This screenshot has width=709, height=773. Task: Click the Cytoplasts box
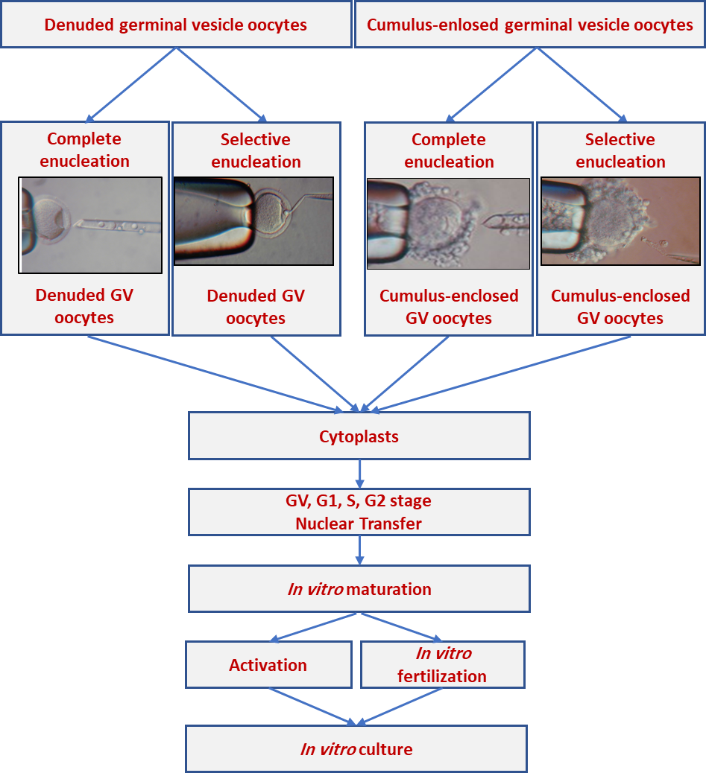(x=359, y=436)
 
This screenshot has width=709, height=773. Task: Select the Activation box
(x=268, y=664)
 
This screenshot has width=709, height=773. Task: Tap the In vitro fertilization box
(x=443, y=664)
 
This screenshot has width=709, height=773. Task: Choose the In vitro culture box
(x=356, y=749)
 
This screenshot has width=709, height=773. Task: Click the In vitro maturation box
(x=359, y=588)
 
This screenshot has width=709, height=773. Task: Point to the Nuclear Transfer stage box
(x=359, y=512)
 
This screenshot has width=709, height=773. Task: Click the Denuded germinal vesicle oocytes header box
(x=176, y=25)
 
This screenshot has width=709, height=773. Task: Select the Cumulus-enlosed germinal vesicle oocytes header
(x=530, y=25)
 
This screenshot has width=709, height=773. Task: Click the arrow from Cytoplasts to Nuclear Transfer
(x=359, y=474)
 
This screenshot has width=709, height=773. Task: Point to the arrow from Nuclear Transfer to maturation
(x=359, y=550)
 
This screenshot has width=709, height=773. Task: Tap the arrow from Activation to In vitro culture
(x=312, y=707)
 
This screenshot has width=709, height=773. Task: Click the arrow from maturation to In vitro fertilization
(x=402, y=627)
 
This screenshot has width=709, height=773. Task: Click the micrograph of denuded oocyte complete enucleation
(x=90, y=225)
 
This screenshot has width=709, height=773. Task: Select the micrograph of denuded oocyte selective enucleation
(x=254, y=221)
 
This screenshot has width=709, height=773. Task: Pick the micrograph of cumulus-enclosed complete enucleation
(x=449, y=223)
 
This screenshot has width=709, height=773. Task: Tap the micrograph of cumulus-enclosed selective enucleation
(x=621, y=221)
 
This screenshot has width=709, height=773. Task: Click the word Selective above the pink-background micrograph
(x=620, y=139)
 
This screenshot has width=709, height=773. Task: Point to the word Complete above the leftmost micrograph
(x=84, y=139)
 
